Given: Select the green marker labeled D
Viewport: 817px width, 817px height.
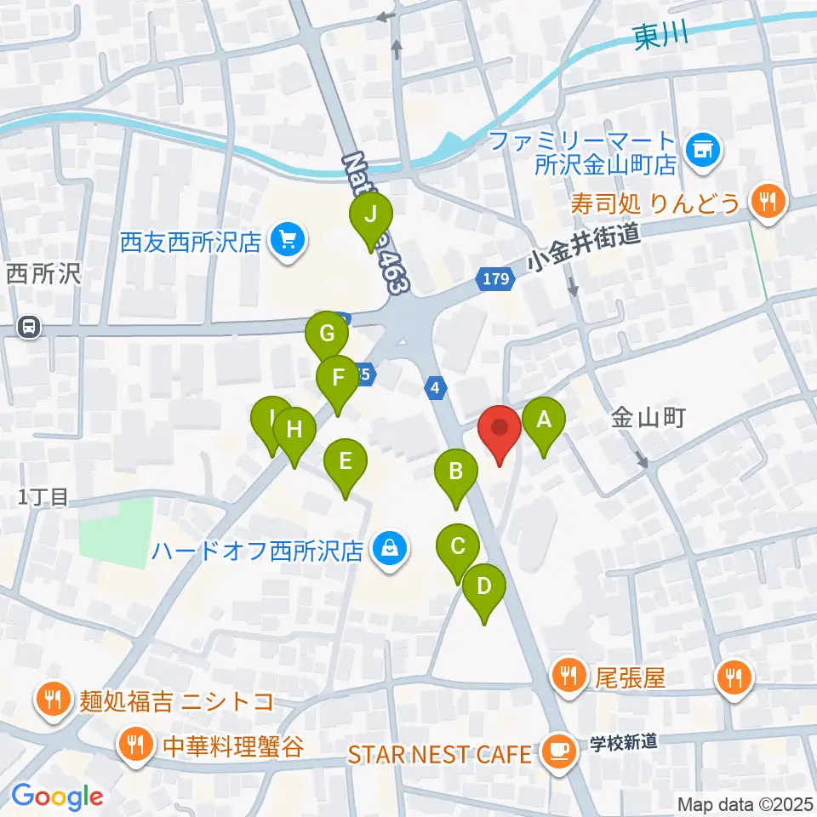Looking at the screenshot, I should click(x=484, y=588).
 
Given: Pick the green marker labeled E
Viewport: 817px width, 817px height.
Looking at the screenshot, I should click(x=345, y=463).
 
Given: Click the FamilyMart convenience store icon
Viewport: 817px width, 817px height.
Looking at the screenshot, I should click(x=703, y=151).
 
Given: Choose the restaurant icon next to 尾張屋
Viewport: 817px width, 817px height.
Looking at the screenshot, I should click(x=567, y=677).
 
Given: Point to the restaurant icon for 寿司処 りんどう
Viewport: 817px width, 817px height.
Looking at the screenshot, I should click(x=768, y=202).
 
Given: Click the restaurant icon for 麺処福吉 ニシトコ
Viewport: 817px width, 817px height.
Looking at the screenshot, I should click(x=53, y=700).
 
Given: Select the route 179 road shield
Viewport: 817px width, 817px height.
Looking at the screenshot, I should click(x=496, y=278).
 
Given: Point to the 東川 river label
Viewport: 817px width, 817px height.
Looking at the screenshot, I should click(x=660, y=37).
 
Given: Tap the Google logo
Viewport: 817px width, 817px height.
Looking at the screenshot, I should click(x=57, y=797).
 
